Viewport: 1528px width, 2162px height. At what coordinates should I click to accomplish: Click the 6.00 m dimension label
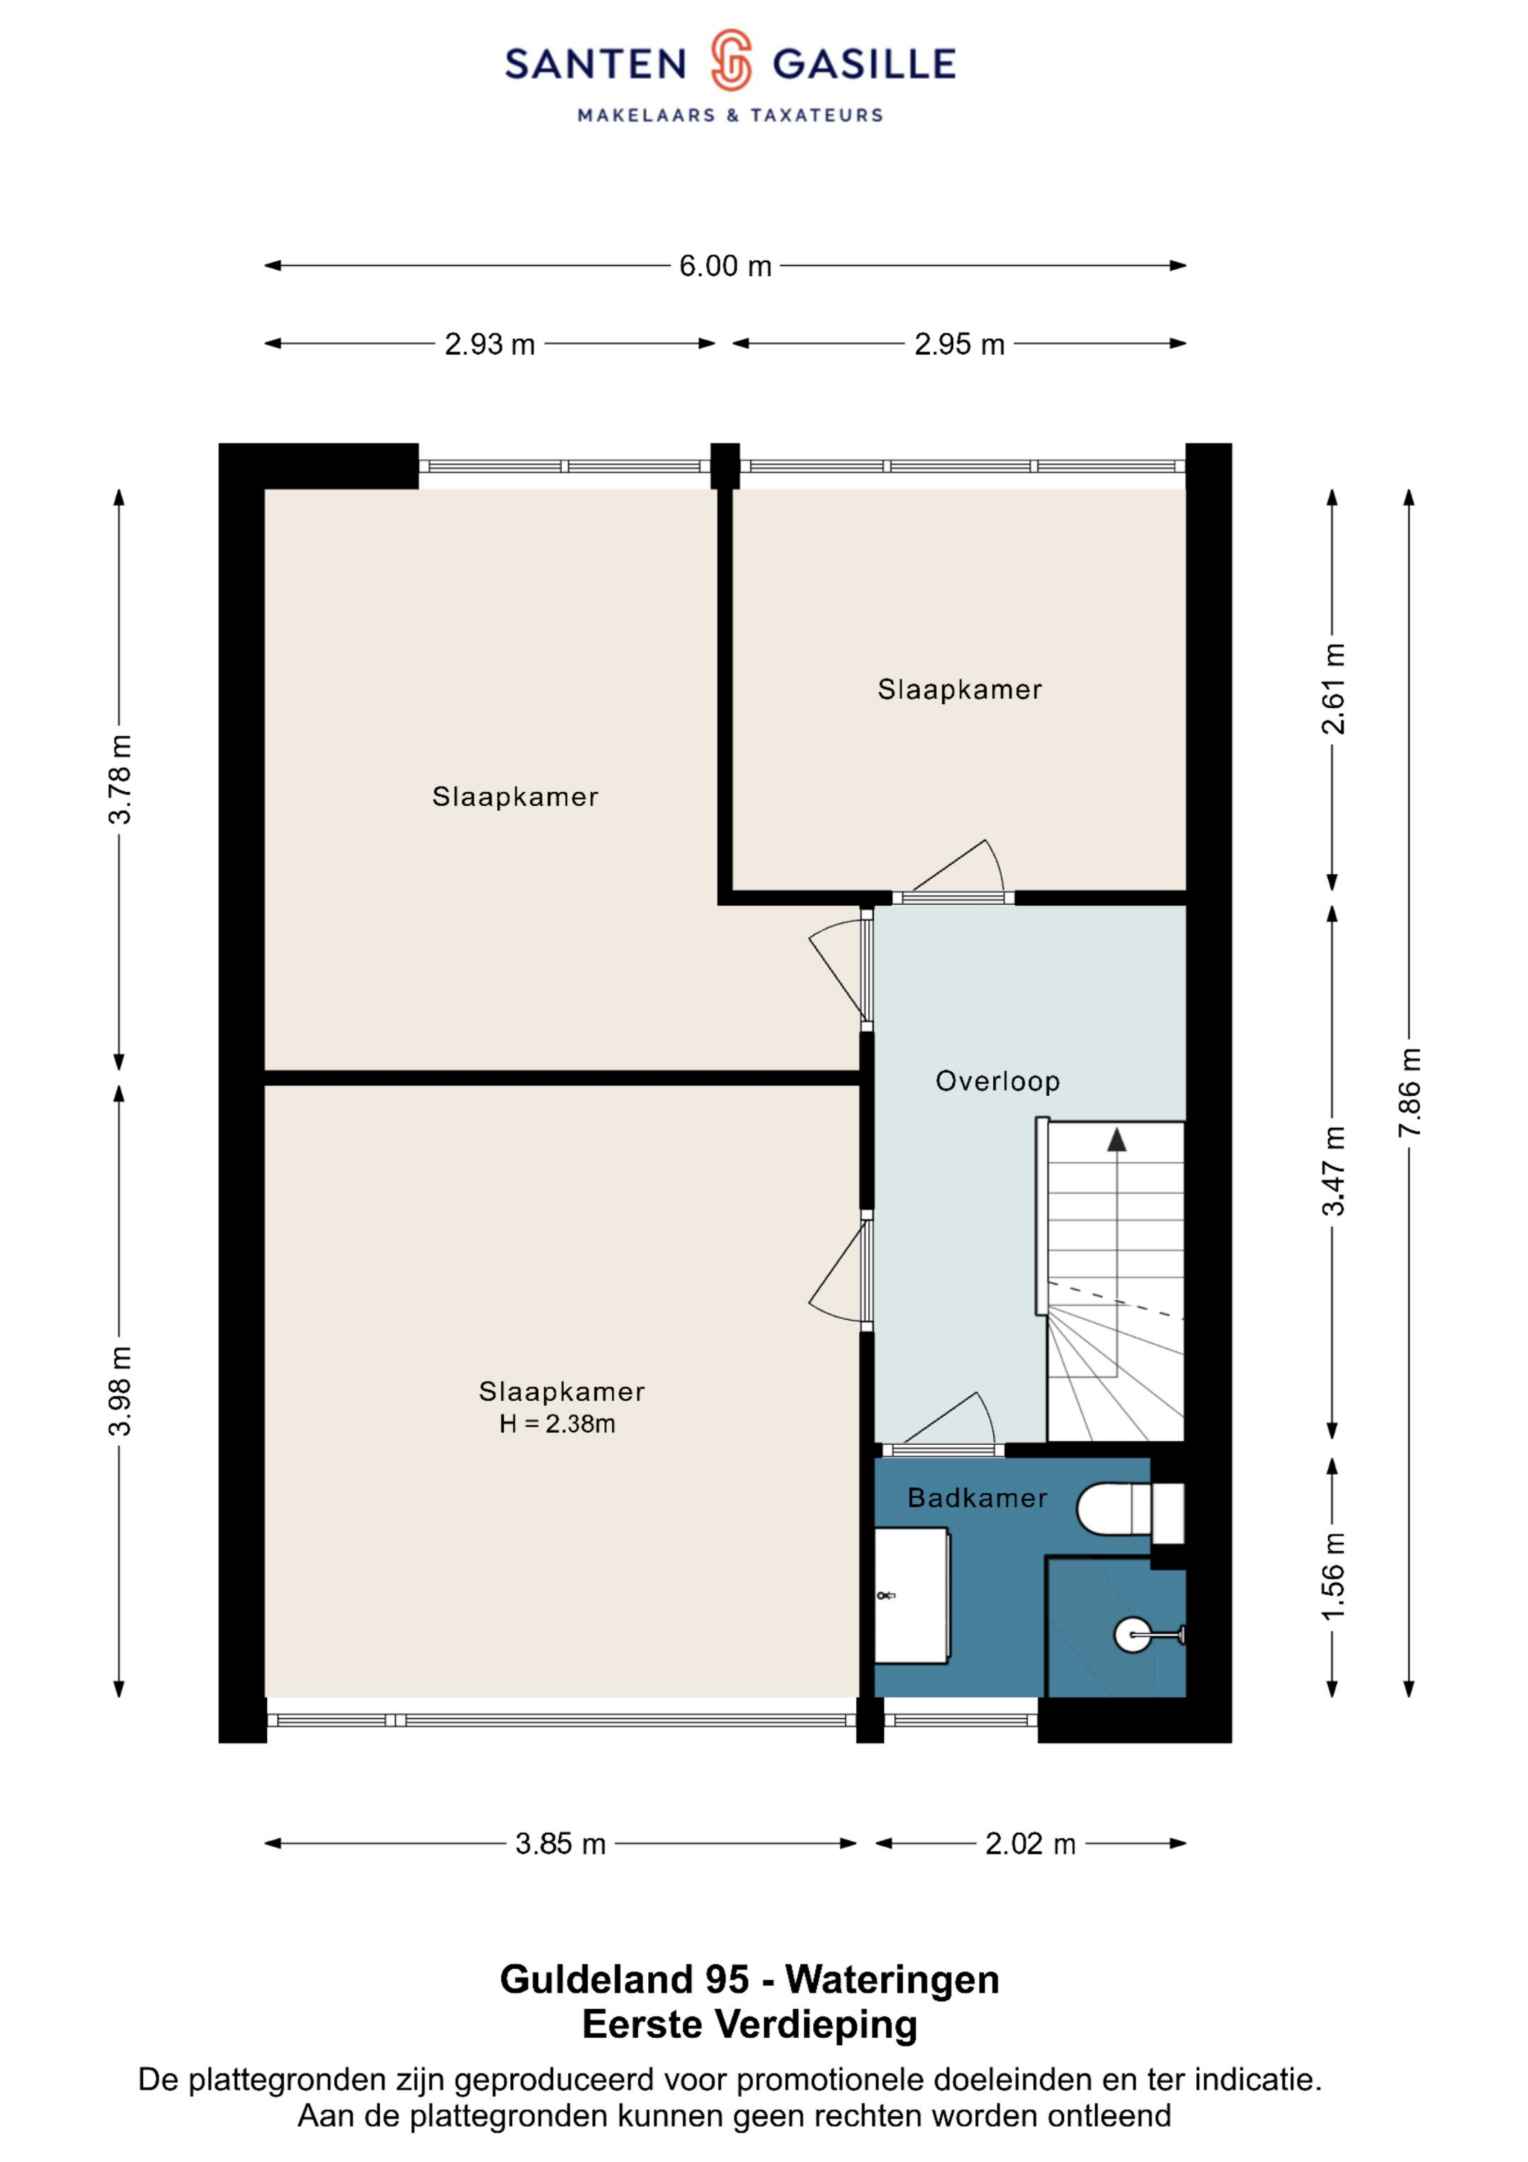click(725, 266)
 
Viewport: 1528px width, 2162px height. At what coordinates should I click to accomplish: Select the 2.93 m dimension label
click(490, 345)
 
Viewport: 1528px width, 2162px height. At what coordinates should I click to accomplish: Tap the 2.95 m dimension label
click(960, 345)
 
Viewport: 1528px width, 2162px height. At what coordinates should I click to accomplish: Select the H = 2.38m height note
click(557, 1424)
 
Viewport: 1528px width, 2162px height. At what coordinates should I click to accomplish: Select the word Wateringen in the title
click(893, 1980)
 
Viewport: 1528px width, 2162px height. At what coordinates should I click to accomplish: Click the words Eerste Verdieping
click(750, 2023)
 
